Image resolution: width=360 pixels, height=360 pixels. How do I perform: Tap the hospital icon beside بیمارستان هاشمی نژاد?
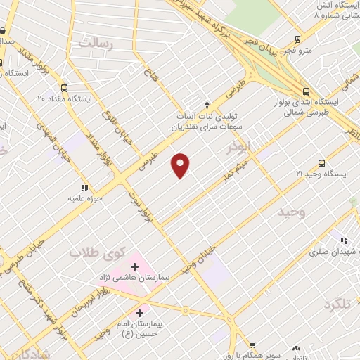point(134,266)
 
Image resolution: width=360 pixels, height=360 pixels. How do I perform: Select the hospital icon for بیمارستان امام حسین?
point(139,313)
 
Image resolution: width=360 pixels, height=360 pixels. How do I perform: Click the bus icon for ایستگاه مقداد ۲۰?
point(65,89)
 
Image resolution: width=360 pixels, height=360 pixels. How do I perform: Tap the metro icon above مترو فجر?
point(298,39)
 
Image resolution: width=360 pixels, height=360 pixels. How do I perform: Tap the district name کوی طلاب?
point(98,251)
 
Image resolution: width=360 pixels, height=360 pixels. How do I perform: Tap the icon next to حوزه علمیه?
point(85,188)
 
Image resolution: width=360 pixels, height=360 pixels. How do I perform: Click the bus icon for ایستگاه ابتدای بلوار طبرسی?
point(306,91)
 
